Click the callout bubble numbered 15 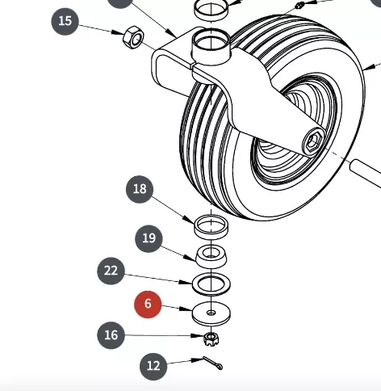(65, 21)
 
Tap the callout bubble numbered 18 (140, 189)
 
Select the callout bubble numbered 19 (149, 238)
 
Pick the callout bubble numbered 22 (111, 271)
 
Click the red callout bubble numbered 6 (148, 305)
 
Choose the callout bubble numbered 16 (111, 335)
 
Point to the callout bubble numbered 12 (153, 366)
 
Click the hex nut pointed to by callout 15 (133, 37)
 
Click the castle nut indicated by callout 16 (211, 339)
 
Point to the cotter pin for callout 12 (212, 363)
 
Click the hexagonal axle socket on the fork (313, 141)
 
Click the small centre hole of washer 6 (211, 313)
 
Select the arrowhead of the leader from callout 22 (186, 282)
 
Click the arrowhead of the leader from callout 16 (198, 336)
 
